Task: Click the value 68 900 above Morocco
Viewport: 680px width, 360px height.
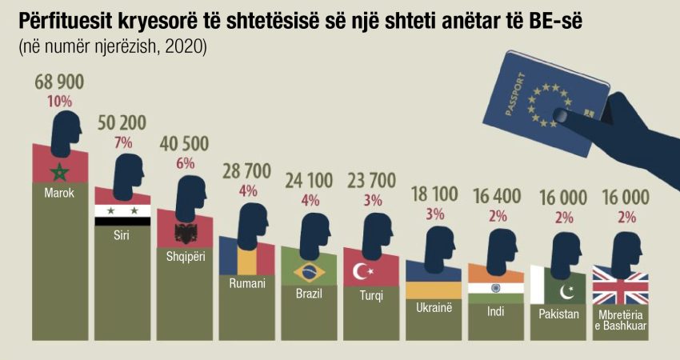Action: tap(60, 82)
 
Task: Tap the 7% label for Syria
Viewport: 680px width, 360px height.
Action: tap(122, 142)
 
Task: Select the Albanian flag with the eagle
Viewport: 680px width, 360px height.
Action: tap(184, 234)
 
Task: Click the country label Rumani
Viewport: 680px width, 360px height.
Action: tap(247, 283)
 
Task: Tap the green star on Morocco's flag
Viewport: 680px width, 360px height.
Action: tap(60, 172)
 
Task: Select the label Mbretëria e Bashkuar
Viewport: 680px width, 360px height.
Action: tap(620, 319)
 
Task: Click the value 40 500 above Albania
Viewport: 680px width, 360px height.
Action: tap(184, 144)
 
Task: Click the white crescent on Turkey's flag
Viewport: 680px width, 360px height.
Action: tap(361, 272)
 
